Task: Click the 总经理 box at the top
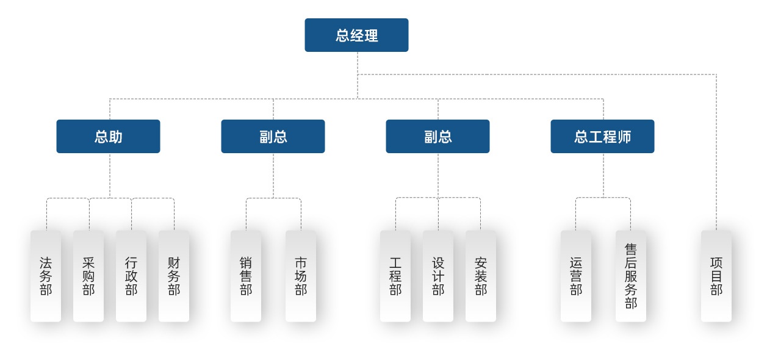(x=356, y=35)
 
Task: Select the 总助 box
(x=108, y=137)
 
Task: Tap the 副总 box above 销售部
(x=273, y=137)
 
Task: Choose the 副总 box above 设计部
(x=438, y=137)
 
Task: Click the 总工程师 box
(x=602, y=137)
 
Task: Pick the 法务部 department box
(x=46, y=276)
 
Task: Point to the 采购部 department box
(x=88, y=276)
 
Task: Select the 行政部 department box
(x=131, y=276)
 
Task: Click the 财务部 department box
(x=174, y=276)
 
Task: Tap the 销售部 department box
(x=246, y=276)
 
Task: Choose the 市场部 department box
(x=301, y=276)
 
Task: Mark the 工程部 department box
(x=395, y=276)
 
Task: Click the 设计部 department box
(x=438, y=276)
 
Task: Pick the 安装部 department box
(x=481, y=276)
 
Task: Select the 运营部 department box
(x=576, y=276)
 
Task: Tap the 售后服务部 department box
(x=631, y=276)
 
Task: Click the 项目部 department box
(x=716, y=276)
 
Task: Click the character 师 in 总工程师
(x=624, y=137)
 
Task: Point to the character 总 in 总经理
(x=342, y=35)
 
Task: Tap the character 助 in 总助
(x=115, y=137)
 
